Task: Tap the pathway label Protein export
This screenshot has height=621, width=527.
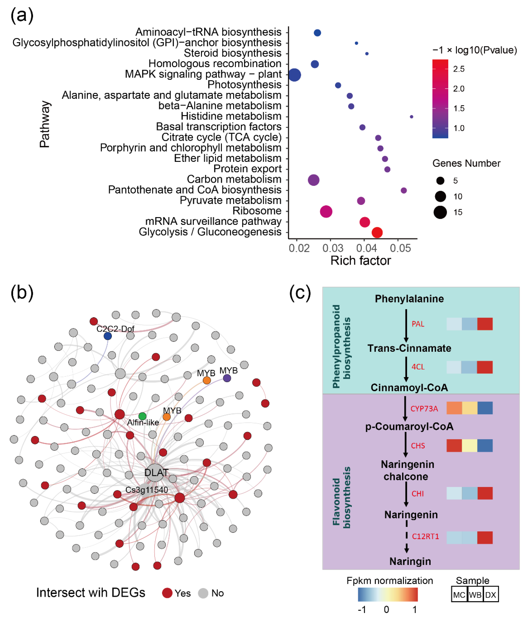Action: pyautogui.click(x=247, y=169)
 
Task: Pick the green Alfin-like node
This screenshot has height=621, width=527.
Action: pyautogui.click(x=142, y=416)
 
